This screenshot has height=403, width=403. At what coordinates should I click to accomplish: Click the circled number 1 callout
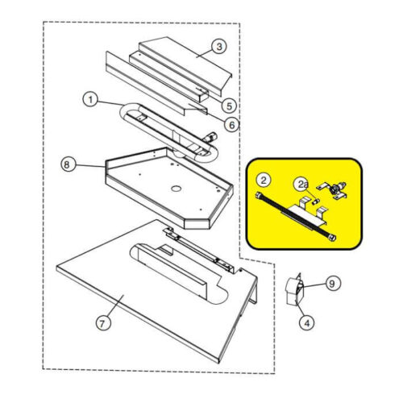[90, 100]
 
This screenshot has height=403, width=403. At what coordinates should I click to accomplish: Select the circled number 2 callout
[264, 181]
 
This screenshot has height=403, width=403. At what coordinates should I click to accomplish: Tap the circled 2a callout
[302, 185]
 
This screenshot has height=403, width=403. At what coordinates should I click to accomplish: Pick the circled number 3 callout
[219, 47]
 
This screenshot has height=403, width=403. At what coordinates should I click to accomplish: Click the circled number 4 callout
[307, 322]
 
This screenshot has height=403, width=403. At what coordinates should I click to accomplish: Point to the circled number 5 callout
[229, 106]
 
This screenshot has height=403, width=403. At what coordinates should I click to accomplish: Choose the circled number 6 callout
[231, 125]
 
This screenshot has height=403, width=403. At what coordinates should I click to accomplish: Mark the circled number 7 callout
[103, 323]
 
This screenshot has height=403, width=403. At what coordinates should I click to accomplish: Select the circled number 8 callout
[67, 164]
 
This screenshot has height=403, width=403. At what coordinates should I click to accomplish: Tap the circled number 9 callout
[332, 284]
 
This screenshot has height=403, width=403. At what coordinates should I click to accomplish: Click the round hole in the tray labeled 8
[176, 189]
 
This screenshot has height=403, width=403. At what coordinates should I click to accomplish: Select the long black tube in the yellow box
[296, 216]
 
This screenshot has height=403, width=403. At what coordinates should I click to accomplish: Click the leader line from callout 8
[89, 166]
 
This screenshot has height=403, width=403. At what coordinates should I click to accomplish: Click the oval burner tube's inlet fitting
[210, 137]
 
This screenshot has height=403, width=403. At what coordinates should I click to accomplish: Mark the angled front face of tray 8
[197, 224]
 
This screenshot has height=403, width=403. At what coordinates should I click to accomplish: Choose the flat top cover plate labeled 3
[185, 65]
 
